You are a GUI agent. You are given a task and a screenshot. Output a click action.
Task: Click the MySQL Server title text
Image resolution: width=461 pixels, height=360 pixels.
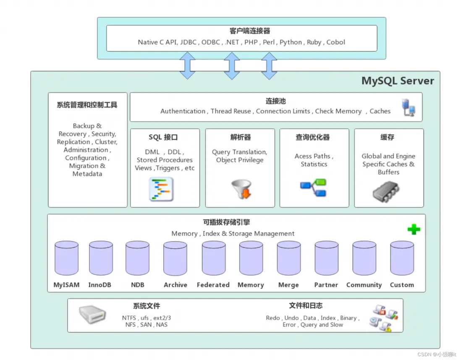click(x=398, y=81)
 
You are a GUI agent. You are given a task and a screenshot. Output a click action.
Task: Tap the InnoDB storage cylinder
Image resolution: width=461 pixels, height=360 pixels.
click(x=101, y=258)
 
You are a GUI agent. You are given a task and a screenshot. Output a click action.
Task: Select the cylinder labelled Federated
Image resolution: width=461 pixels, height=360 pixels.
click(x=214, y=258)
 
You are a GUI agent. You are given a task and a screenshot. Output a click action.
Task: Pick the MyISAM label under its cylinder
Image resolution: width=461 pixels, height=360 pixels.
click(x=66, y=285)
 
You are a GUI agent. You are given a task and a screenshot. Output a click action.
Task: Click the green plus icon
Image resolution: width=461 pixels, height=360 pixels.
click(x=414, y=229)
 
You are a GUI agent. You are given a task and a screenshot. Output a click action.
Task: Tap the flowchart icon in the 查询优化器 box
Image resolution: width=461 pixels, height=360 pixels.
click(x=313, y=188)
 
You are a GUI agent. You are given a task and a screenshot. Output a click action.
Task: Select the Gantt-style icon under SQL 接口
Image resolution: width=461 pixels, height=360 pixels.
click(x=161, y=189)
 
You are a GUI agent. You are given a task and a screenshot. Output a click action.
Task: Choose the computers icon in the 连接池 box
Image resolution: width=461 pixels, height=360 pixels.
click(x=408, y=108)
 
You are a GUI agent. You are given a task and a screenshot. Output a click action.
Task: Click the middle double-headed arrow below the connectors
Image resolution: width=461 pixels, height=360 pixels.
click(x=232, y=66)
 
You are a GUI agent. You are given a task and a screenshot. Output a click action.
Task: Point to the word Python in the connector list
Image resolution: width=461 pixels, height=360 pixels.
click(x=291, y=42)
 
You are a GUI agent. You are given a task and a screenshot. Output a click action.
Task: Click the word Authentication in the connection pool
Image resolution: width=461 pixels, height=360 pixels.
click(x=183, y=111)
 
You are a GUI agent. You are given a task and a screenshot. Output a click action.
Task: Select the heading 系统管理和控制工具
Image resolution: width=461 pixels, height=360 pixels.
click(x=87, y=105)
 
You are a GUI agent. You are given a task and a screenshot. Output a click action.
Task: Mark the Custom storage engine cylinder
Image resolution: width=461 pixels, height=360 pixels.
click(x=402, y=258)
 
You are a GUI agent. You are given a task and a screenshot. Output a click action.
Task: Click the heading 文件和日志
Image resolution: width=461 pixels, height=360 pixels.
click(x=306, y=305)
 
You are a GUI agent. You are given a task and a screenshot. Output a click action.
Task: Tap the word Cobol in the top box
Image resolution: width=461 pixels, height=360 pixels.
click(x=336, y=42)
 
